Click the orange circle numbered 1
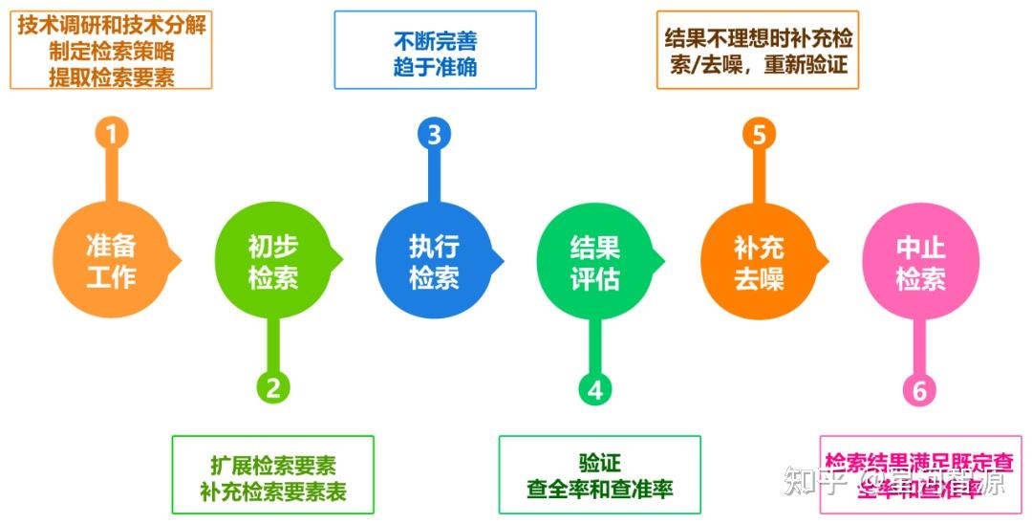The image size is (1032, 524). [111, 133]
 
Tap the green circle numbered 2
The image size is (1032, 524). [272, 387]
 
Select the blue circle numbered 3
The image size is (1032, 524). [434, 133]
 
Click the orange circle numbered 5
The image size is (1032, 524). [759, 133]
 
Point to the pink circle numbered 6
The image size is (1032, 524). [919, 390]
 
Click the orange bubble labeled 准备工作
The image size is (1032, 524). [111, 261]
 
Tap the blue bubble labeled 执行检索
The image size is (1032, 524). [434, 261]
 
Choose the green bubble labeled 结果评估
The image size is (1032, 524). [595, 261]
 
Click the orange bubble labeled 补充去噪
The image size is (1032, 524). [759, 261]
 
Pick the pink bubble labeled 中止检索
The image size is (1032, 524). [919, 261]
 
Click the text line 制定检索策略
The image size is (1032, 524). [112, 51]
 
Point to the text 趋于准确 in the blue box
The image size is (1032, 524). [435, 67]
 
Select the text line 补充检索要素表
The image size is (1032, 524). [273, 491]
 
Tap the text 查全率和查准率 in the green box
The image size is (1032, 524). [600, 490]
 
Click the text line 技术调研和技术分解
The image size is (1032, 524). [112, 24]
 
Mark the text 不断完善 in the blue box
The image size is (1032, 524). [435, 41]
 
